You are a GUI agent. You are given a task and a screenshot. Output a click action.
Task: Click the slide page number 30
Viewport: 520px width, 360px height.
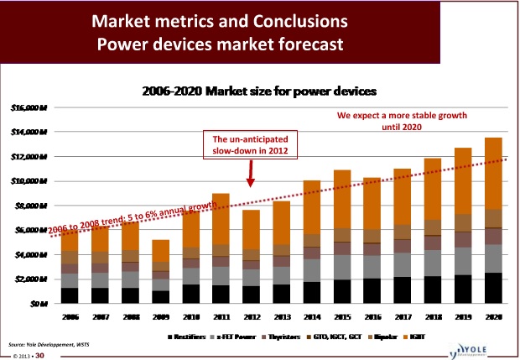tap(39, 355)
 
